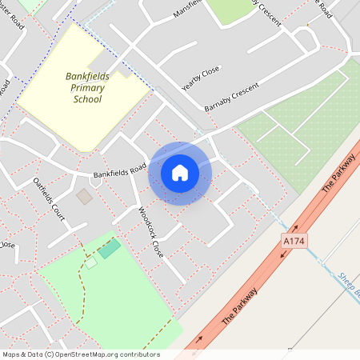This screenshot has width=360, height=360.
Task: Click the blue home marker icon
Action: (x=180, y=173)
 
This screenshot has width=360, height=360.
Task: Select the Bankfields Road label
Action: (x=120, y=170)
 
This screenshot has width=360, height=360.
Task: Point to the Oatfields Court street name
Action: (x=49, y=195)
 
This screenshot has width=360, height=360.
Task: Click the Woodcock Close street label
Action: (x=150, y=231)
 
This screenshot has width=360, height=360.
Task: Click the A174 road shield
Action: (x=294, y=240)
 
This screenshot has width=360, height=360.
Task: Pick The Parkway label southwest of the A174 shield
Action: (x=239, y=305)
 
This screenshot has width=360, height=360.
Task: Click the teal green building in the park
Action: (x=110, y=248)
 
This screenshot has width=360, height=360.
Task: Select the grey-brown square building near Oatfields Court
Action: (x=84, y=196)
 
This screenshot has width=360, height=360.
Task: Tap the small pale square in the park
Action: (x=91, y=262)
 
